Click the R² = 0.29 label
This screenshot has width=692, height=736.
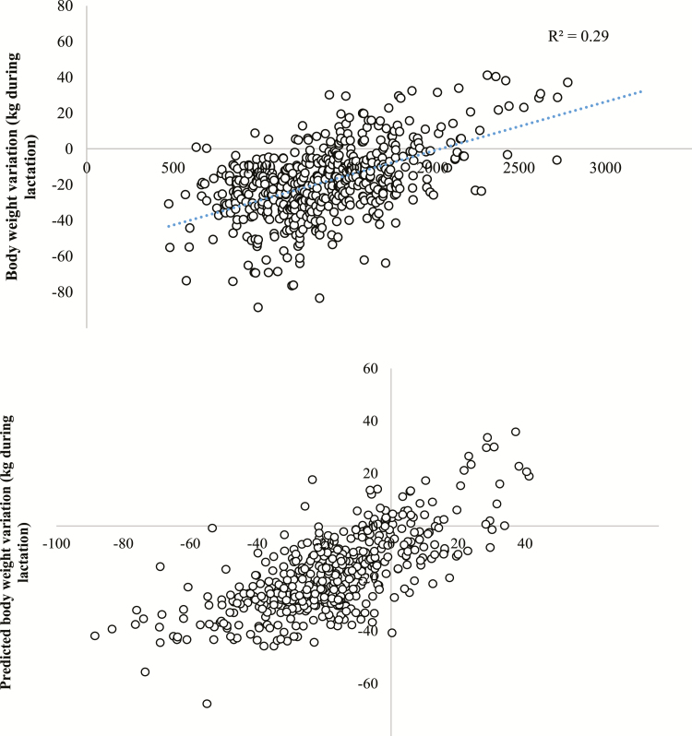click(579, 38)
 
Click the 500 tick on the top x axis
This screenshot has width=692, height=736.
click(173, 169)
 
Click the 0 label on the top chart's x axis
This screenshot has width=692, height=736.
click(87, 169)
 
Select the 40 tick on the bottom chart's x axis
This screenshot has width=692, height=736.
click(525, 544)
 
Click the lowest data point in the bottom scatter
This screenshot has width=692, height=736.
click(208, 704)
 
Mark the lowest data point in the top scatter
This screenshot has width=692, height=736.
click(258, 307)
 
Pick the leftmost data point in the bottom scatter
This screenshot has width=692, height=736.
click(95, 635)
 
